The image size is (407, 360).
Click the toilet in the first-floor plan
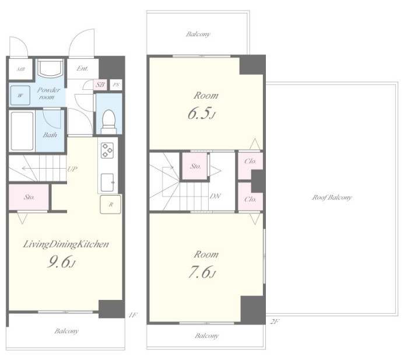coord(108,121)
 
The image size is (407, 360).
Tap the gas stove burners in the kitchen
coord(107,151)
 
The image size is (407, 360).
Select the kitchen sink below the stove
coord(107,183)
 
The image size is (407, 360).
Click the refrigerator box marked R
coord(111,204)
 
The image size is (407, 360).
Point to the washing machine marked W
coord(20,95)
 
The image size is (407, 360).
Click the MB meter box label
coord(21,69)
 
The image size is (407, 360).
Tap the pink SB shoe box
coord(100,85)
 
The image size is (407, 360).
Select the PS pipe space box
coord(116,85)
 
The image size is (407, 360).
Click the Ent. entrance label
coord(82,68)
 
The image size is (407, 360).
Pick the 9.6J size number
coord(61,261)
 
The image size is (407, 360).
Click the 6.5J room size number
coord(202,113)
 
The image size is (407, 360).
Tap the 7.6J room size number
coord(202,272)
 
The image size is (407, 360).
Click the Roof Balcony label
coord(332,197)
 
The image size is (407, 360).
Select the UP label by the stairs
coord(72,169)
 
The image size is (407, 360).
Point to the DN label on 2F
coord(215,196)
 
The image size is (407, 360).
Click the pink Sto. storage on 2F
coord(195,166)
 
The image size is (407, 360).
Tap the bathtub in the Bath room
coord(22,131)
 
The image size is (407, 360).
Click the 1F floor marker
coord(132,315)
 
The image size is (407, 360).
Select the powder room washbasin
coord(50,68)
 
